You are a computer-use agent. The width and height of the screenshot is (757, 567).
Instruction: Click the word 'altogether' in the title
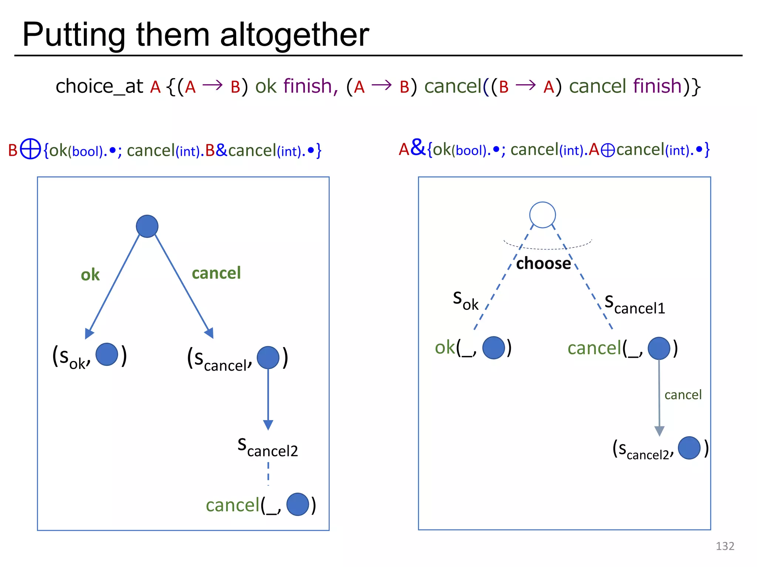point(295,35)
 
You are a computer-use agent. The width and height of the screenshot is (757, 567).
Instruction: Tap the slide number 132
point(724,546)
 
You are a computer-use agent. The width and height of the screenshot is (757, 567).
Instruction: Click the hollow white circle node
point(542,215)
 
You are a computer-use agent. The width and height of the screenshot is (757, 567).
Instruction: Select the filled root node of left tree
point(147,226)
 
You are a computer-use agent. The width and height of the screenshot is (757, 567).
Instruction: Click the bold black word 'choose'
point(543,264)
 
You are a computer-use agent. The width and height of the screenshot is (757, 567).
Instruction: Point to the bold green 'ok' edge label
point(90,275)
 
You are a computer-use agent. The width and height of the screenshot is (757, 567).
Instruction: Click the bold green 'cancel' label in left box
point(216,273)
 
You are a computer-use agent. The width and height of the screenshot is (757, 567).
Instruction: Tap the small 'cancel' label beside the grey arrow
point(683,395)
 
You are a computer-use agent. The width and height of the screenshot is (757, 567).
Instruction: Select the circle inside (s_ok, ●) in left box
point(107,354)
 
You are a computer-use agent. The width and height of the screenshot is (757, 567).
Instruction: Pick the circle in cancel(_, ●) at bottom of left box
point(298,504)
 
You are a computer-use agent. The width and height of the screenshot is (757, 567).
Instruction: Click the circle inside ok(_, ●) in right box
point(493,348)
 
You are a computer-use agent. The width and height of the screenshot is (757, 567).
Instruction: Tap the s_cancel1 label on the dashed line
point(635,305)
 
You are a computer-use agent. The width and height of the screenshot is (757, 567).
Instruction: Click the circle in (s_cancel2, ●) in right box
point(689,448)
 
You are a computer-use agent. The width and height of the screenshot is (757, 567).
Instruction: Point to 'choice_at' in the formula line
point(99,86)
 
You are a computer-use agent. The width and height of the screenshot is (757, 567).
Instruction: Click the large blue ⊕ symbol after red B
point(30,149)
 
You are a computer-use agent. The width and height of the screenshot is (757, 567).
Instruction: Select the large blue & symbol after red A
point(418,147)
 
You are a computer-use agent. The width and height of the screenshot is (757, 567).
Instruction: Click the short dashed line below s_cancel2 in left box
point(268,473)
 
